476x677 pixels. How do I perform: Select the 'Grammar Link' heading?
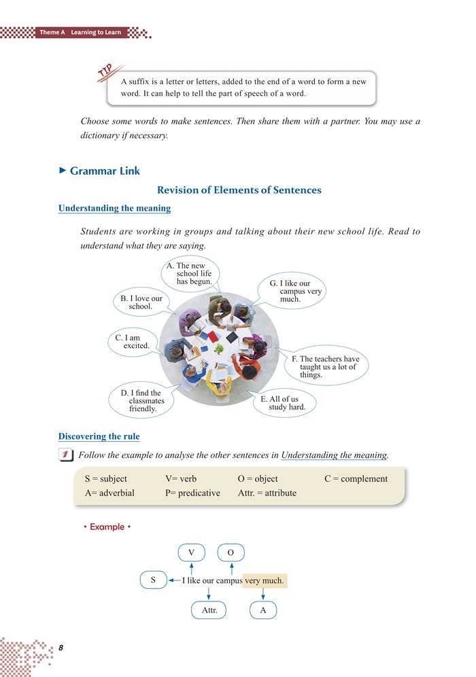(105, 171)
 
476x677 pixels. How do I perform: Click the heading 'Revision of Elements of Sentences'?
(239, 190)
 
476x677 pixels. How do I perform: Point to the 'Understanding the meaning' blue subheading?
(114, 208)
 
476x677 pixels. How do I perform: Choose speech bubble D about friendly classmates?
(141, 401)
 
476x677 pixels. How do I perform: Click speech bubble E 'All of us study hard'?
(283, 403)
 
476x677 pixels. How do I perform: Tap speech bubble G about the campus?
(294, 291)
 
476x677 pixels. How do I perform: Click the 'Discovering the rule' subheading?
(99, 436)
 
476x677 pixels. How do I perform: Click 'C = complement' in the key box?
(356, 479)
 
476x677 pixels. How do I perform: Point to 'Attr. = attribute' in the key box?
(267, 493)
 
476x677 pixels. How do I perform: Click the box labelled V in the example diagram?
(191, 552)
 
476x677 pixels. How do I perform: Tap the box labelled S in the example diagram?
(153, 580)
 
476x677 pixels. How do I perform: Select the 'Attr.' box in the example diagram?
(209, 610)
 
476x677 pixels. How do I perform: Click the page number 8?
(61, 648)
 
